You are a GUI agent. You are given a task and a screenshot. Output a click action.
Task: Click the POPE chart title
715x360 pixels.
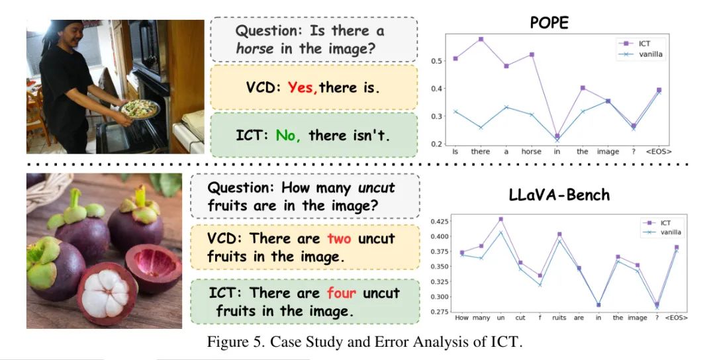click(549, 22)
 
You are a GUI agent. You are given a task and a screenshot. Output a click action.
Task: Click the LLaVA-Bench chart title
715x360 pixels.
click(559, 195)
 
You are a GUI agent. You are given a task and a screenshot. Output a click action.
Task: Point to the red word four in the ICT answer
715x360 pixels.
click(342, 292)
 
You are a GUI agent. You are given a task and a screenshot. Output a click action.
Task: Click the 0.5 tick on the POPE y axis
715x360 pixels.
click(436, 61)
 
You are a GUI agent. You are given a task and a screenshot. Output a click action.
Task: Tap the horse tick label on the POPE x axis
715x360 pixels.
click(531, 152)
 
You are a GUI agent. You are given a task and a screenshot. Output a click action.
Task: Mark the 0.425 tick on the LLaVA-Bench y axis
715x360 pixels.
click(439, 222)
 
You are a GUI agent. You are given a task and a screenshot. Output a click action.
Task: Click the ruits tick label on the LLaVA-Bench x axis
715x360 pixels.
click(559, 318)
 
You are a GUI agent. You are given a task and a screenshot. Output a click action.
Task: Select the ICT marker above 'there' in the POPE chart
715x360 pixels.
click(481, 39)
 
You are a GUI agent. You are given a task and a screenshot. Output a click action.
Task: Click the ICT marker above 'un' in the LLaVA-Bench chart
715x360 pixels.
click(501, 219)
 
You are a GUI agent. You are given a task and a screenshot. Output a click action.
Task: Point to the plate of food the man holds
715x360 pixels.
click(140, 109)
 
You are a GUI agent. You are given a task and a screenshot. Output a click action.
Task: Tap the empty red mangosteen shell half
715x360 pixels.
click(153, 267)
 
